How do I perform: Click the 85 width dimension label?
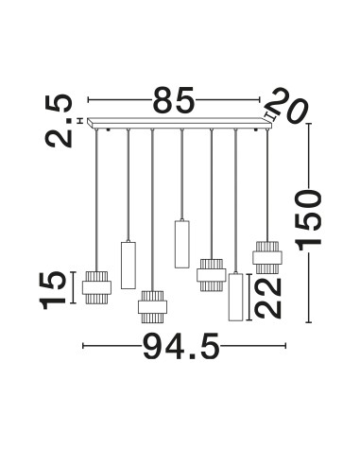[x=174, y=99]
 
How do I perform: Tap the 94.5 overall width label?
[x=181, y=346]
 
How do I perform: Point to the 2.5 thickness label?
[x=59, y=121]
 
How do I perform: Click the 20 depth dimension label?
[x=288, y=106]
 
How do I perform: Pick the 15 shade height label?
[x=53, y=290]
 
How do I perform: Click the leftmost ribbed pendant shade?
[x=96, y=287]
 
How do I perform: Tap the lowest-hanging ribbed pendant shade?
[x=152, y=307]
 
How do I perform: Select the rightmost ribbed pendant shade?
[x=267, y=257]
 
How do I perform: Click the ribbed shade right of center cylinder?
[x=211, y=275]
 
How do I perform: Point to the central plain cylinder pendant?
[x=182, y=245]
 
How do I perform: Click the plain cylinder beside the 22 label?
[x=235, y=297]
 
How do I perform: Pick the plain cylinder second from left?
[x=129, y=265]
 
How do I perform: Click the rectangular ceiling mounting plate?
[x=180, y=124]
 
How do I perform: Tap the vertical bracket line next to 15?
[x=73, y=287]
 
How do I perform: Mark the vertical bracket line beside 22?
[x=249, y=298]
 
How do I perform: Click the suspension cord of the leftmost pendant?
[x=96, y=200]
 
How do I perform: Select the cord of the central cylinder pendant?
[x=182, y=175]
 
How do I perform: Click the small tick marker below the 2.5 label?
[x=80, y=120]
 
